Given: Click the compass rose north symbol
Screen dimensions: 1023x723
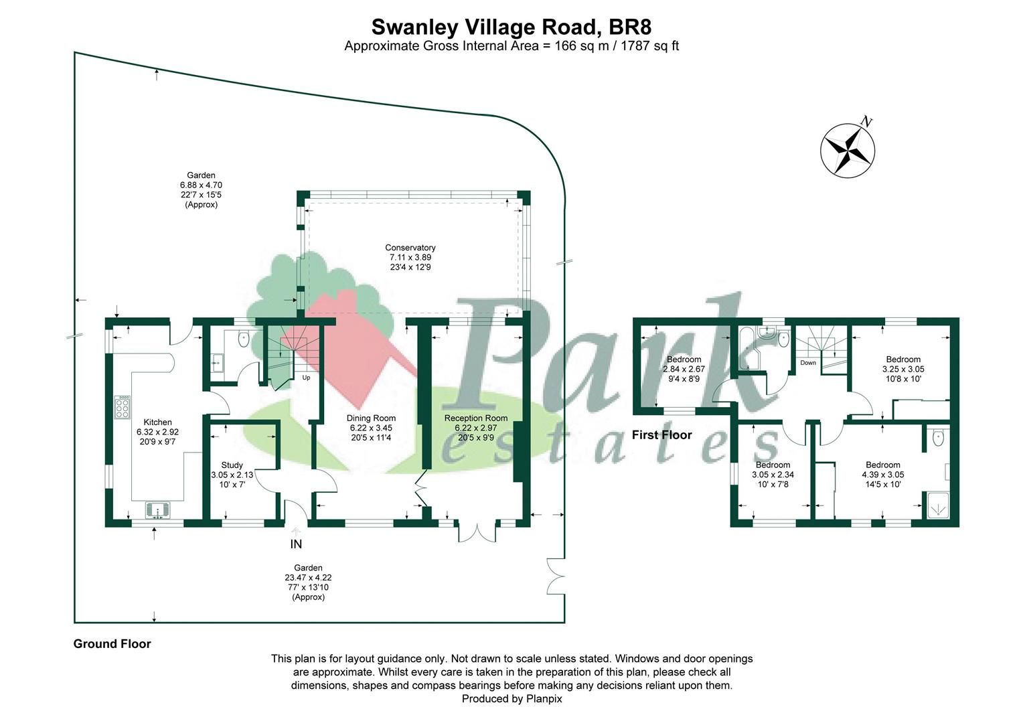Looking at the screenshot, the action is point(848,150).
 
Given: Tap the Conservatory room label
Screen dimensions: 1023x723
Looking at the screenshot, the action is point(410,248).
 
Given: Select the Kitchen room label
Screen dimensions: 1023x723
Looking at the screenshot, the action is point(157,422).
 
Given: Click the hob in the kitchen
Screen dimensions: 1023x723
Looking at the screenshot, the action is point(123,407).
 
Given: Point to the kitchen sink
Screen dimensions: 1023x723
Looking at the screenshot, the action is point(157,510).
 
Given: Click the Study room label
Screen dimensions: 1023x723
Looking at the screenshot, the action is point(232,465).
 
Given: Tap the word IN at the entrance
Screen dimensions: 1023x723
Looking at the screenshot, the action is point(296,544).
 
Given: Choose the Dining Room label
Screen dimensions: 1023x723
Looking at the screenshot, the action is point(371,418).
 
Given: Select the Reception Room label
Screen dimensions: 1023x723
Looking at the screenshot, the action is point(476,418).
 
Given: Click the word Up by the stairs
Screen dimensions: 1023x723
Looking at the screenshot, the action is point(306,378).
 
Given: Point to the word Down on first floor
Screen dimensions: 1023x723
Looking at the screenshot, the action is point(808,363).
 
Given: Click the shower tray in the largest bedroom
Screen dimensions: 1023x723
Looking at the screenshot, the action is point(938,505).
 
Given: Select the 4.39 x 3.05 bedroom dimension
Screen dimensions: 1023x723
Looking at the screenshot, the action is point(883,475).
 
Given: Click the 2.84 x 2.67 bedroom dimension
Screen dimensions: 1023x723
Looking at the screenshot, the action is point(684,369).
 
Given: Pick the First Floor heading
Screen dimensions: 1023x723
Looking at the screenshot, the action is point(661,435).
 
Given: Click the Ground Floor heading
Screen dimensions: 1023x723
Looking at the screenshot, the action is point(112,643).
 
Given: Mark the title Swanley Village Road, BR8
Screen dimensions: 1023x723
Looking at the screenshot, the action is point(511,27).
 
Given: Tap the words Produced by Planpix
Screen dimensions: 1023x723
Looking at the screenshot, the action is point(511,698).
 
